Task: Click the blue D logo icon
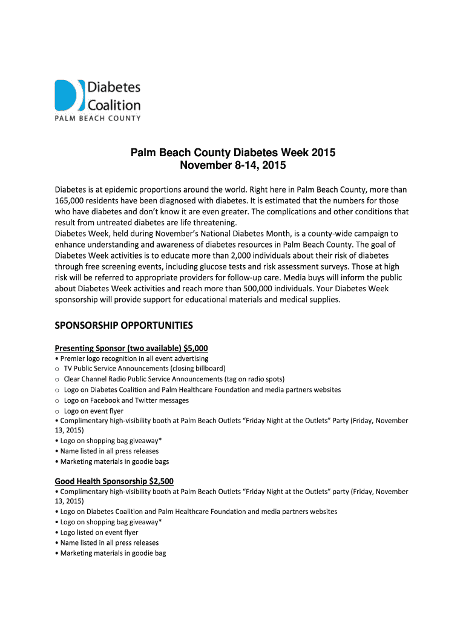coord(66,95)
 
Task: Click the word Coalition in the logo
coord(114,105)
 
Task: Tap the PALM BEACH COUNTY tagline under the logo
coord(97,118)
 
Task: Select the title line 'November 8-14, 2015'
coord(233,165)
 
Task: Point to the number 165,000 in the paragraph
coord(72,200)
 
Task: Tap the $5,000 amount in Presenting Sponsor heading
coord(194,348)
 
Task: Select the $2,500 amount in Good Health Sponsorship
coord(160,481)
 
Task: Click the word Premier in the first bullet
coord(73,358)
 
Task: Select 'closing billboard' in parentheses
coord(197,369)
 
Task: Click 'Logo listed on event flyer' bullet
coord(99,532)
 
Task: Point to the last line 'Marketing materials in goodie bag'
coord(113,553)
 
